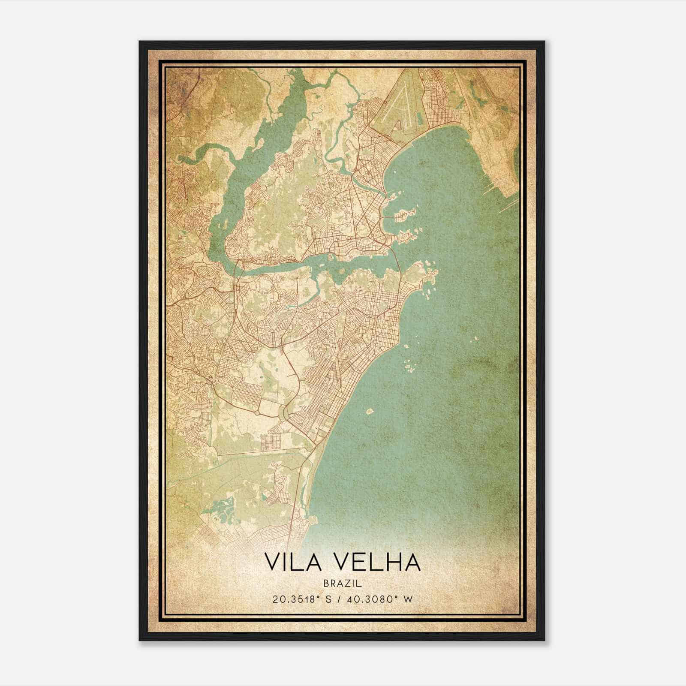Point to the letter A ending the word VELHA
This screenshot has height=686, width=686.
(x=413, y=562)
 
